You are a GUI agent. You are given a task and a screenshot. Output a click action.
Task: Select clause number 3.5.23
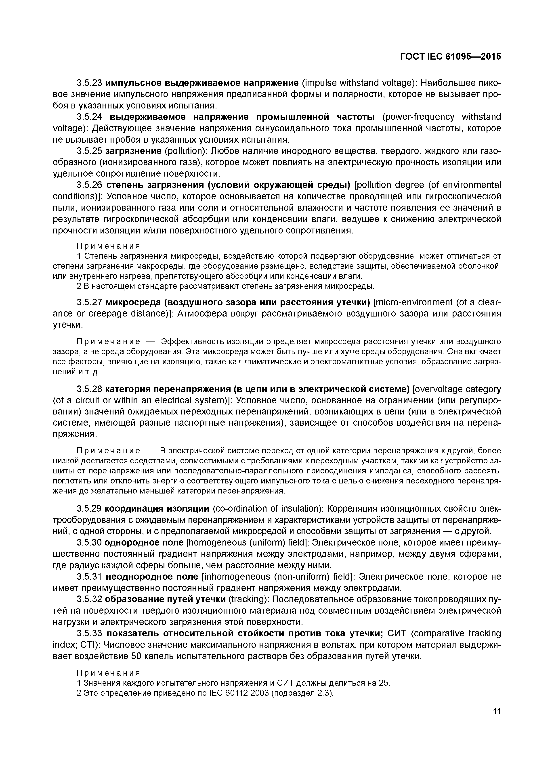click(89, 83)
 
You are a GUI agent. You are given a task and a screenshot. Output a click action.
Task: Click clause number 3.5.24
click(89, 117)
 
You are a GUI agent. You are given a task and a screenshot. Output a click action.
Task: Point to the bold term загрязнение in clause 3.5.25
click(133, 151)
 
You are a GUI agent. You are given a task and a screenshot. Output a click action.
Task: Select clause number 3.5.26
click(89, 185)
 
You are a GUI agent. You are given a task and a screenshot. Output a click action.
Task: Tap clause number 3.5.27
click(89, 302)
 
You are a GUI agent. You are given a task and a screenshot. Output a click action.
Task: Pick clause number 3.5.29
click(89, 509)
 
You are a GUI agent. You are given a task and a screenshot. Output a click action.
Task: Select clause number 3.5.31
click(89, 577)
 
